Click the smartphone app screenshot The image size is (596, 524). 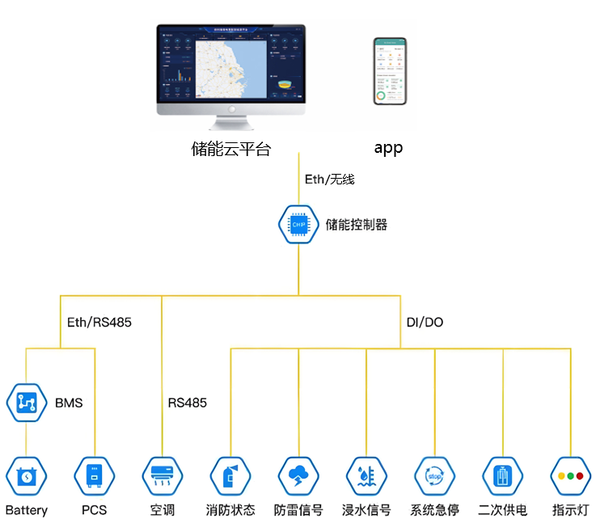390,71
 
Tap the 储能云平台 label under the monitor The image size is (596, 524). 231,149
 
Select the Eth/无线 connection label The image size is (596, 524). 329,180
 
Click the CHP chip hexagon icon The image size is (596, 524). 298,224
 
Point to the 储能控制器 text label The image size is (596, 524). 357,225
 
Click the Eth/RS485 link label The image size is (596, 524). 99,322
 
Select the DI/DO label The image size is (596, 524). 425,322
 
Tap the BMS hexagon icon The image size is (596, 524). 27,402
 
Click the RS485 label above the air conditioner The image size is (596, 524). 188,402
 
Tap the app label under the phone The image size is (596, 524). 388,149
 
